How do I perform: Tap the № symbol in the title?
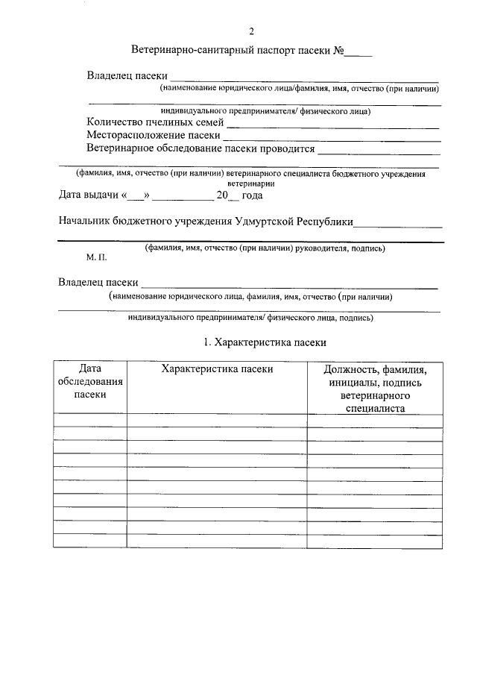[x=338, y=52]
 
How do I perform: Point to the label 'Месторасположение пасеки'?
[x=153, y=135]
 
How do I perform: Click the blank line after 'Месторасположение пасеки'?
[x=332, y=139]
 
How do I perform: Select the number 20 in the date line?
[x=221, y=196]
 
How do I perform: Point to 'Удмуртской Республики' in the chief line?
[x=294, y=222]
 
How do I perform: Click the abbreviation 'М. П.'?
[x=96, y=257]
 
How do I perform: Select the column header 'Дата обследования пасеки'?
[x=89, y=382]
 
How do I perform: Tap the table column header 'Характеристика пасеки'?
[x=217, y=369]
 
